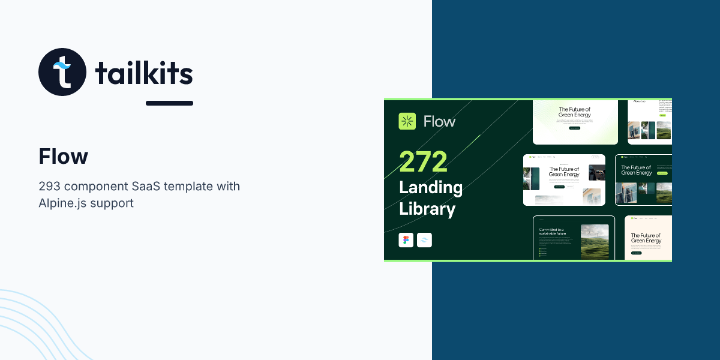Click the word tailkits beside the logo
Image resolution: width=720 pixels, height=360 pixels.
click(x=144, y=74)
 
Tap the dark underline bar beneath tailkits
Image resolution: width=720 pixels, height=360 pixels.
click(x=169, y=103)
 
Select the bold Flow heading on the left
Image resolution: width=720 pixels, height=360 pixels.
click(x=63, y=157)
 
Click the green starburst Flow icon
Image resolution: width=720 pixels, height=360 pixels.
click(x=407, y=121)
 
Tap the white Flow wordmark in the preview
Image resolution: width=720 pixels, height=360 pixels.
click(x=440, y=121)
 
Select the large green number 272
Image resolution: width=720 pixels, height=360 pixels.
click(x=424, y=161)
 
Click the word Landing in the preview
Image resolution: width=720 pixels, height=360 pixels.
click(x=431, y=187)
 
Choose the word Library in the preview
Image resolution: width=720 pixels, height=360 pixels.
click(x=427, y=209)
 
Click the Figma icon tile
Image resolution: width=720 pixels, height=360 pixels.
click(x=406, y=240)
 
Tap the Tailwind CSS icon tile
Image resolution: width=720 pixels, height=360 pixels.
click(x=425, y=240)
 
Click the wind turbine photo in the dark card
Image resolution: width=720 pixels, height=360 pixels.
click(x=594, y=241)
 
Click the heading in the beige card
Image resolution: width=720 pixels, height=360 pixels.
click(x=646, y=238)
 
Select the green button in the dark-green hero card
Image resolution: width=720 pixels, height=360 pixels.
click(x=662, y=173)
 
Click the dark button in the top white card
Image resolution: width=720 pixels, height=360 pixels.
click(x=574, y=128)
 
